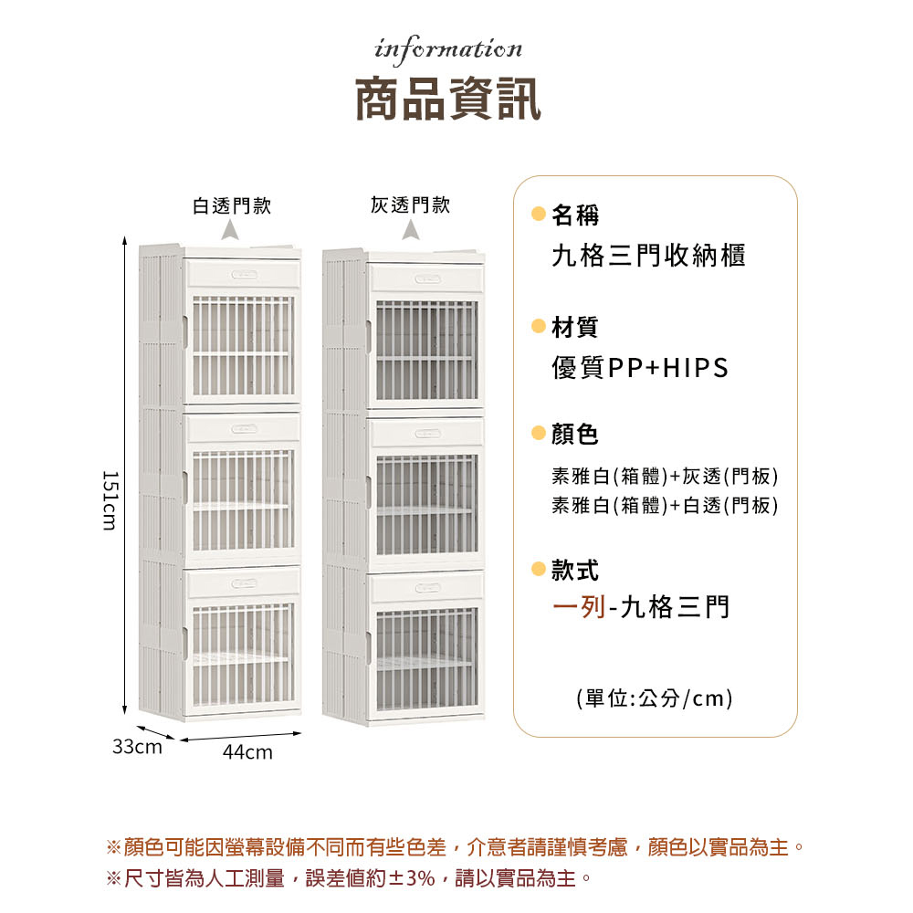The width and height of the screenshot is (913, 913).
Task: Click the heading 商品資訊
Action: [x=448, y=99]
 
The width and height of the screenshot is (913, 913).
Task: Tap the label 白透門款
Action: [x=232, y=205]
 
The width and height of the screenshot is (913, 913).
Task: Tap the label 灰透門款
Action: [x=411, y=205]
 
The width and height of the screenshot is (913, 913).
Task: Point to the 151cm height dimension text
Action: [x=110, y=500]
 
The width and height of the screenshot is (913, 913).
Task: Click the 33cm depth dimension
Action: [x=137, y=747]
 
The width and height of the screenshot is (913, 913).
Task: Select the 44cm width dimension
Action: [x=247, y=753]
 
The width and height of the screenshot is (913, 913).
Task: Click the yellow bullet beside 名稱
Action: [x=539, y=215]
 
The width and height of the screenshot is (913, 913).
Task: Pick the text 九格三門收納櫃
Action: [x=648, y=256]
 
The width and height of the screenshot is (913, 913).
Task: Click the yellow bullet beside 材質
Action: [x=539, y=326]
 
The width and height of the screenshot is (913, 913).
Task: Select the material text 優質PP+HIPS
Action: [x=640, y=368]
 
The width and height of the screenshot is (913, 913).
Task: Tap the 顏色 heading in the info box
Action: [x=575, y=435]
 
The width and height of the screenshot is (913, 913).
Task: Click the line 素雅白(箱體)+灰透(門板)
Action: [x=665, y=477]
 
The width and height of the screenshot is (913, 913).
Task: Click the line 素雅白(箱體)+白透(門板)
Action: [x=665, y=505]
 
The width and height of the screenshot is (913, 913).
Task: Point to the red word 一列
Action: [x=579, y=606]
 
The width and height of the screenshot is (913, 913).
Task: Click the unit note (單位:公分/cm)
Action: [x=655, y=699]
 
